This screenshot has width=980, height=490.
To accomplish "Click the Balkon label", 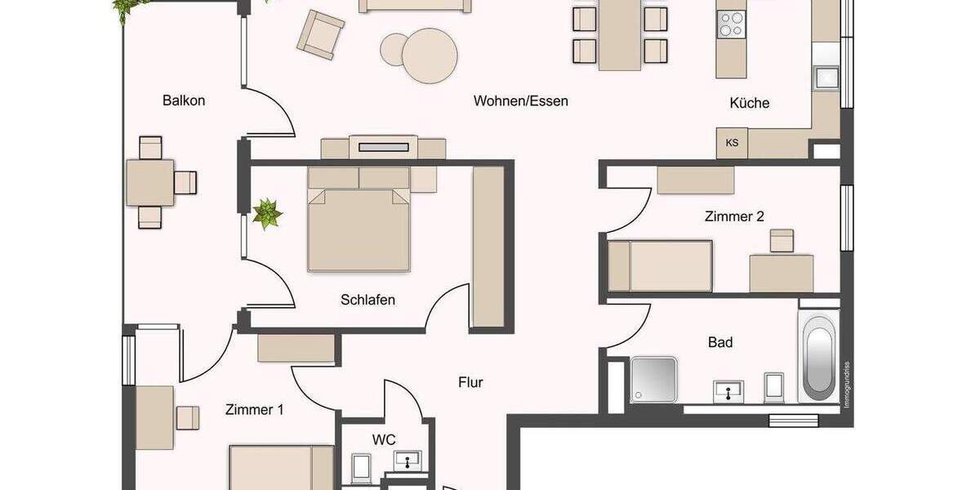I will (x=184, y=101).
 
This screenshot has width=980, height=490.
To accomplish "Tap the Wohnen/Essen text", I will (x=520, y=101).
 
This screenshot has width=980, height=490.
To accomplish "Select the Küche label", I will (x=749, y=103).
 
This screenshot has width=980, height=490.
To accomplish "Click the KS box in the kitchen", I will (x=732, y=143).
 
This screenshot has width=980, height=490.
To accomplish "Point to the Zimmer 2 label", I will (x=734, y=216).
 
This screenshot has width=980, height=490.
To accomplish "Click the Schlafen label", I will (x=367, y=300).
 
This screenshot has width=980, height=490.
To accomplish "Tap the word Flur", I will (x=470, y=381).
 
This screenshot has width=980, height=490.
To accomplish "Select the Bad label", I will (x=719, y=342).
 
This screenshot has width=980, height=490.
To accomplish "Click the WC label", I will (x=384, y=439).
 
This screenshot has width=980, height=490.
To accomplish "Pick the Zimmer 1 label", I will (x=254, y=410).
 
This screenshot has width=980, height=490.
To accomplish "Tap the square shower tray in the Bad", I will (x=653, y=380).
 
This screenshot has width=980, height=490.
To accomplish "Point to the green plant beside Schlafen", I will (x=266, y=214).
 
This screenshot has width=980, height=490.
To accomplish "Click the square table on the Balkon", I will (x=150, y=182).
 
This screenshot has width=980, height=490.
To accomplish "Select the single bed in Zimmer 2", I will (x=659, y=265).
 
